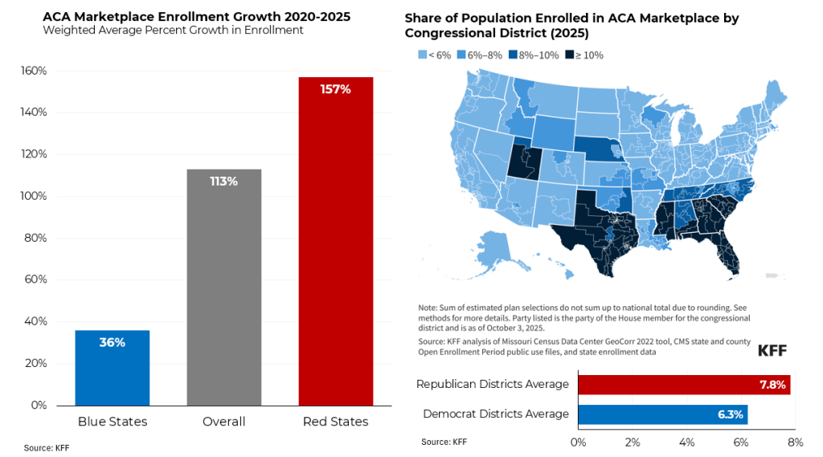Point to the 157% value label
(x=335, y=89)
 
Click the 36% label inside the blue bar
(x=112, y=342)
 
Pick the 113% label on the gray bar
(x=223, y=182)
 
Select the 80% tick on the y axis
(x=35, y=238)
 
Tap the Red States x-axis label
(x=335, y=422)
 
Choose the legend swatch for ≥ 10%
(x=569, y=55)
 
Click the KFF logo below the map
(x=772, y=351)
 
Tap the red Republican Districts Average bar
(x=684, y=385)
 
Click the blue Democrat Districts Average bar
(x=663, y=414)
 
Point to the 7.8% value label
(x=772, y=385)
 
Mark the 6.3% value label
(x=731, y=414)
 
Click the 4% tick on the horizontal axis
(x=686, y=442)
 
